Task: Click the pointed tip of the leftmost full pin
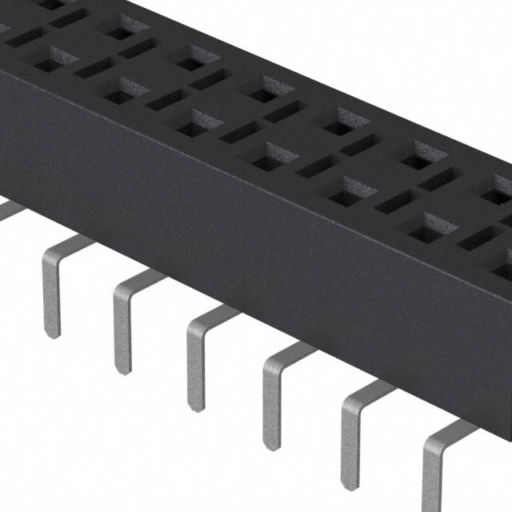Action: click(51, 332)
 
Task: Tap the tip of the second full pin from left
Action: click(122, 367)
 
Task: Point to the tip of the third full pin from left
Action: click(196, 406)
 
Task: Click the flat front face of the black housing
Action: click(240, 240)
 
